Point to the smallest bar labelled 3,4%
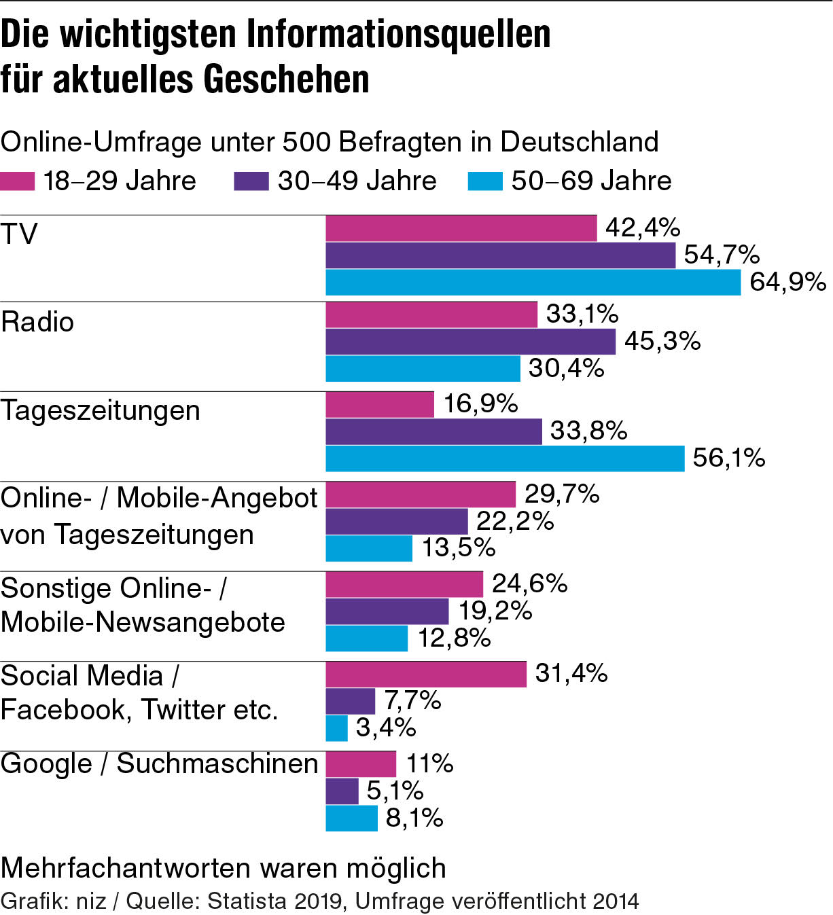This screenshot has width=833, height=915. pos(336,728)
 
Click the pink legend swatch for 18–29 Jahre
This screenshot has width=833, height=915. pos(18,181)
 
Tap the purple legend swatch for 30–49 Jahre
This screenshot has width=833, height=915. pos(251,181)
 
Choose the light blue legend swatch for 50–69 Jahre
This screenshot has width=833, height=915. pos(485,181)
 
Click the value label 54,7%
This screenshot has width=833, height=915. pos(722,255)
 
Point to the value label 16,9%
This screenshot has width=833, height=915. pos(480,404)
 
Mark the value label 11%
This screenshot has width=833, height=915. pos(429,764)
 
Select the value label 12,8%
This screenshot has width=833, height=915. pos(454,638)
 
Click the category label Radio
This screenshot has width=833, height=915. pos(37,322)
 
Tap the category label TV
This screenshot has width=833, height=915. pos(19,234)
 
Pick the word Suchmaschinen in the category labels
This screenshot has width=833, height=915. pos(217,764)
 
